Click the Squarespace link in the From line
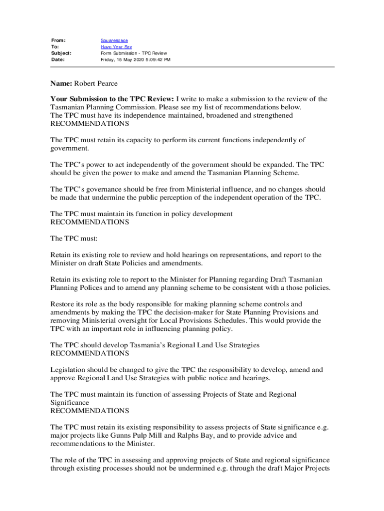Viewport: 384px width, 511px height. click(x=114, y=40)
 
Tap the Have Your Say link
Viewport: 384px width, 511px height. click(x=113, y=46)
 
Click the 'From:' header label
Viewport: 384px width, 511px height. click(x=58, y=40)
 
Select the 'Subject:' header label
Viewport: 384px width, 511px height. click(x=61, y=53)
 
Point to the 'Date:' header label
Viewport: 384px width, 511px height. click(x=58, y=59)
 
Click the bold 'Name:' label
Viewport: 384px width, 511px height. click(x=62, y=83)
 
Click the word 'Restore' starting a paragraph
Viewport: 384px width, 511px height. click(x=63, y=304)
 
